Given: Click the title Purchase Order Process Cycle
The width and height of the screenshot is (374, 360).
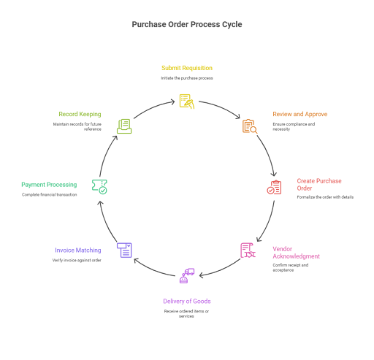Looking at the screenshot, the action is pos(187,24).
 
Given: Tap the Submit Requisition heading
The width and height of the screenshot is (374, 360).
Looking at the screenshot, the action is pos(187,68).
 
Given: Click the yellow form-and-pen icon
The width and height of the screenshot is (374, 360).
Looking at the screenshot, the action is pos(187,102).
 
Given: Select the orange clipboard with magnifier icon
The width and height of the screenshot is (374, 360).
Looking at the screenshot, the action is pos(250,126).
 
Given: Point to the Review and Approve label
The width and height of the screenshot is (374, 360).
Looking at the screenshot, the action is pos(299,114).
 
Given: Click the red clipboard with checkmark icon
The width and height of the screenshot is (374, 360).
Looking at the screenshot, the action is pos(274,187).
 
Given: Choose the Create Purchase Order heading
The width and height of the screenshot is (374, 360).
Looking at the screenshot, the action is pos(319,185).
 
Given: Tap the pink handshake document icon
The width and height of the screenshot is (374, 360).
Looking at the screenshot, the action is pos(248,250).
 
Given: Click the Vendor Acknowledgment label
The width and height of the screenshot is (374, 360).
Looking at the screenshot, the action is pos(296,253).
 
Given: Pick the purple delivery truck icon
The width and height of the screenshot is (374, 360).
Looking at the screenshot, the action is pos(187,276).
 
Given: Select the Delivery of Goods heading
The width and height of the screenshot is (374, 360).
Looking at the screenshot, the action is pos(187,302).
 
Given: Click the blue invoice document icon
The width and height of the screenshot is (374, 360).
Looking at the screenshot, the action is pos(124,250).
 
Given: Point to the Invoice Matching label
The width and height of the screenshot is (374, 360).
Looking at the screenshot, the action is pos(78,250).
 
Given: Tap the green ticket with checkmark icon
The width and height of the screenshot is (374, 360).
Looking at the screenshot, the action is pos(99,187).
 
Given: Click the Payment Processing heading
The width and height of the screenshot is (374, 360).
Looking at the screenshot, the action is pos(49,185).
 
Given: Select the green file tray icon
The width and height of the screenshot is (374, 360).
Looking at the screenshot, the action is pos(124,126).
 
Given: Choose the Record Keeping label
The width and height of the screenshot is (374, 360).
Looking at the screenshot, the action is pos(80,114).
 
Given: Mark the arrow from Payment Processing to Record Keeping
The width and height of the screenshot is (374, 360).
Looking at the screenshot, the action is pos(106,155).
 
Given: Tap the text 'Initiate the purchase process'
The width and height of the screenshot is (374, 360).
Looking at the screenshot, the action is pos(187,78).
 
